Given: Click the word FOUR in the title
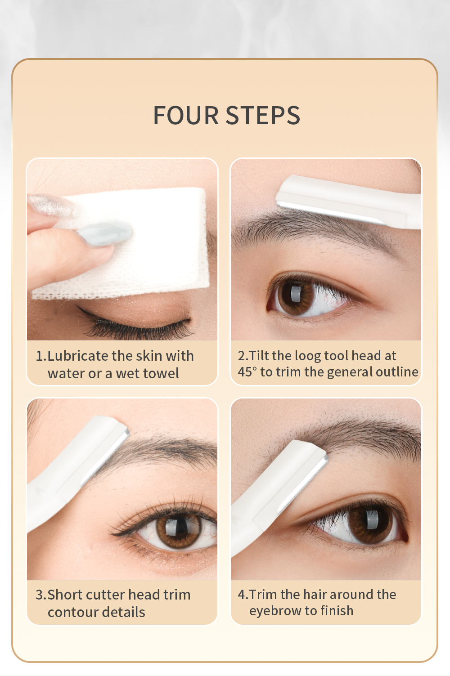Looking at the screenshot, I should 185,116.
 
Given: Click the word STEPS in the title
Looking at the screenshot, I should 262,116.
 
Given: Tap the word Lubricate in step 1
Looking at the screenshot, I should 78,356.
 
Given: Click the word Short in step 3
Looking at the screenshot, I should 65,595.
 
